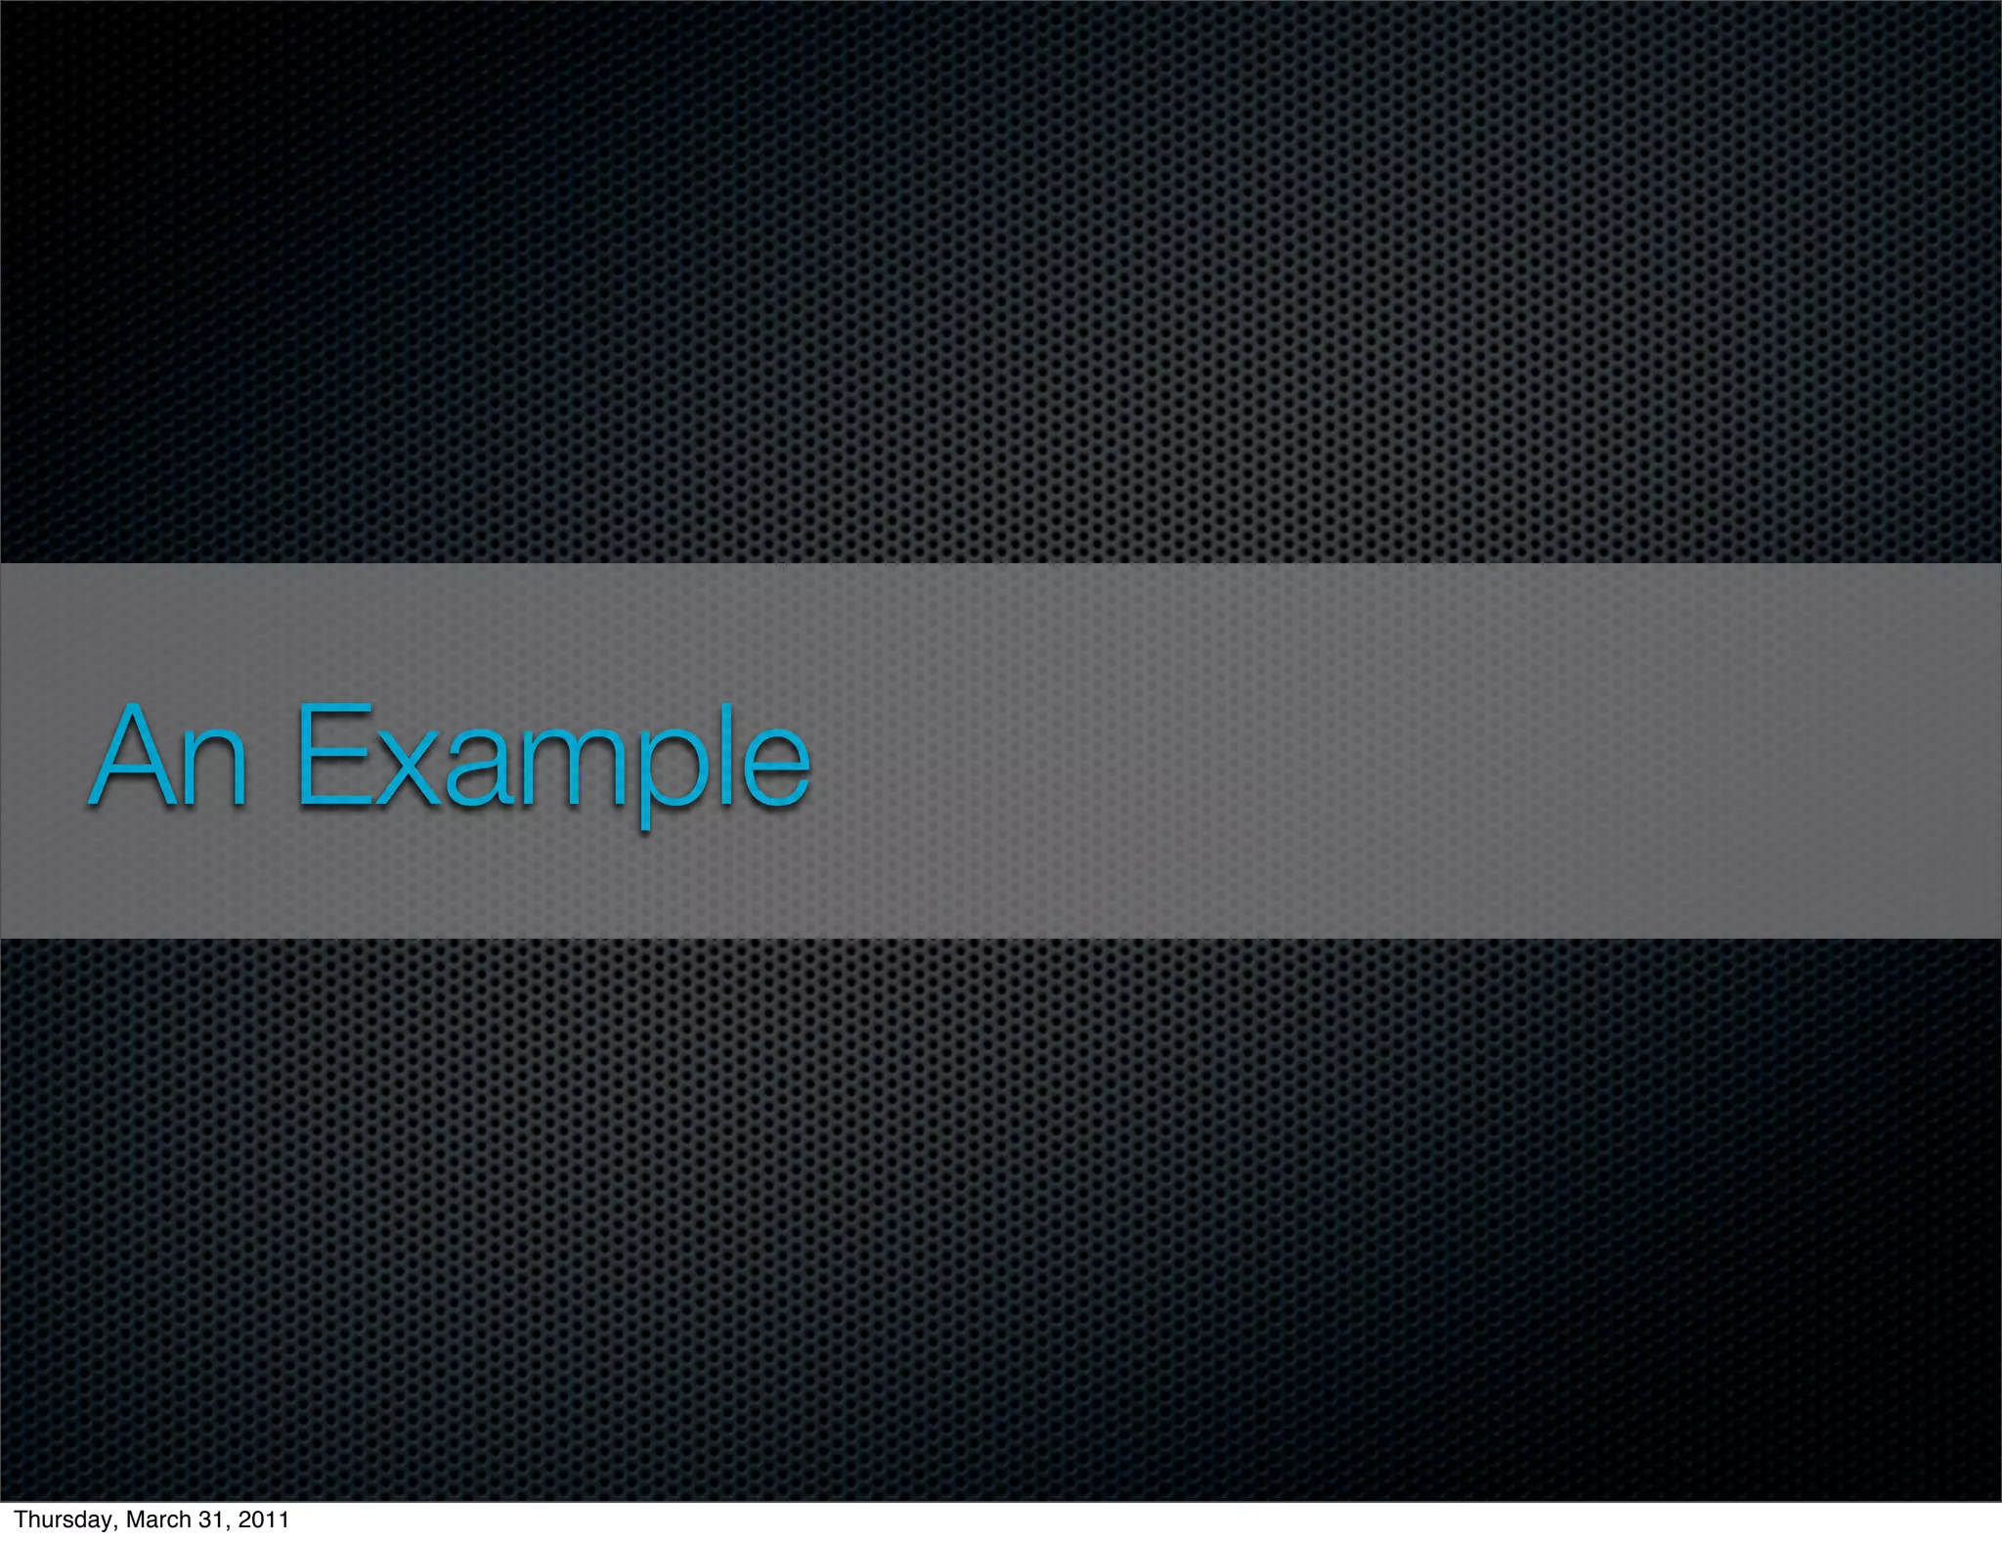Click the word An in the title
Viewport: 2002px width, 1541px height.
coord(168,757)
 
